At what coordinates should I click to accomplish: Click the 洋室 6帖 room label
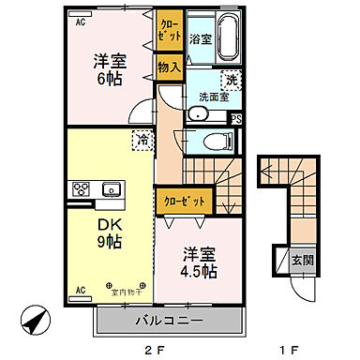click(x=109, y=70)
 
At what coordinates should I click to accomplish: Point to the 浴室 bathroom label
click(x=199, y=39)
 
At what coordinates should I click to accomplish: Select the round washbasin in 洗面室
click(x=198, y=114)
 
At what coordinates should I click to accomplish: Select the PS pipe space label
click(x=235, y=119)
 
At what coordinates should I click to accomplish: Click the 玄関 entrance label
click(x=297, y=261)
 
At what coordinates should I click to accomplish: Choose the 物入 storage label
click(x=169, y=67)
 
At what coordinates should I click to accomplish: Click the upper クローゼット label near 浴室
click(x=169, y=29)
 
